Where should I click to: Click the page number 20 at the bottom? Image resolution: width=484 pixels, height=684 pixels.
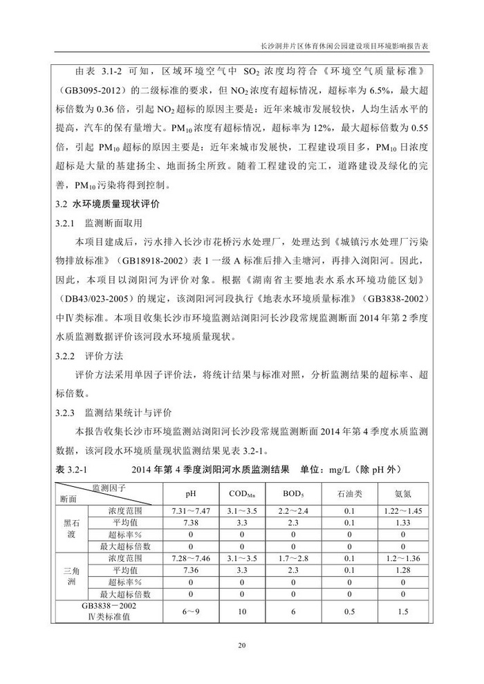tap(241, 646)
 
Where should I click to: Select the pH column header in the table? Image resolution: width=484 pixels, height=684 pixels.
tap(191, 494)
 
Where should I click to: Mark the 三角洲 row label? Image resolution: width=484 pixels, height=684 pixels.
tap(68, 575)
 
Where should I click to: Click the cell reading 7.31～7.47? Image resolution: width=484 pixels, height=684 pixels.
tap(191, 510)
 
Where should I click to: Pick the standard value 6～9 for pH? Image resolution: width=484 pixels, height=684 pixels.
tap(191, 611)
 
